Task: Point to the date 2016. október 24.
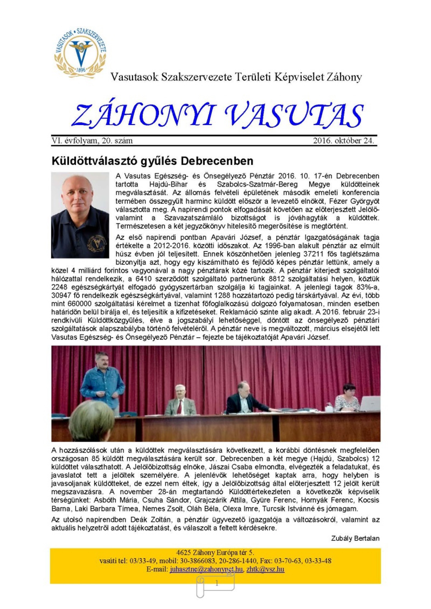(343, 140)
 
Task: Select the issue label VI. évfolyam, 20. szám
(92, 140)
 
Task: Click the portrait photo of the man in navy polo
(80, 215)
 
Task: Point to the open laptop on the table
(370, 403)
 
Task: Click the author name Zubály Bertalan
(355, 538)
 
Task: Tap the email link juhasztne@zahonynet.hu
(206, 569)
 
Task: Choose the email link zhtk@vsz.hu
(265, 569)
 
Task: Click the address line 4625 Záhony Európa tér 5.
(215, 553)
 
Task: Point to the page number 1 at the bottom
(217, 583)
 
